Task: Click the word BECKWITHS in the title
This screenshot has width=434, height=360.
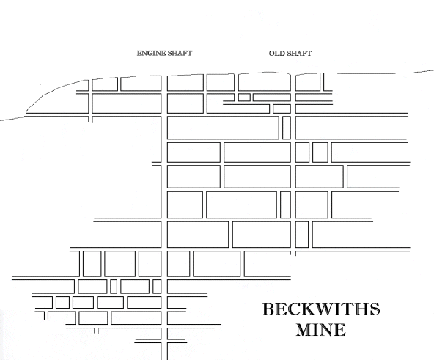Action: tap(321, 309)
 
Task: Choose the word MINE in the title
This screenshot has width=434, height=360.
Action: tap(321, 329)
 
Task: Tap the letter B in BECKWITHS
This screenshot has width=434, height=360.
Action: tap(268, 309)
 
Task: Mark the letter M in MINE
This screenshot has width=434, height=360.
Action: tap(305, 329)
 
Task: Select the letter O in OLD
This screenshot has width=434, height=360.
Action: tap(272, 54)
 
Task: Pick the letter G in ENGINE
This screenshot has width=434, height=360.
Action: tap(150, 53)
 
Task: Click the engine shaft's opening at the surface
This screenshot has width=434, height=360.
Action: tap(164, 76)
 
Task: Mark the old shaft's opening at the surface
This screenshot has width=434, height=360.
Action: tap(293, 74)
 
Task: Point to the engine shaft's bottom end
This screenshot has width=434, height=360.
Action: tap(164, 359)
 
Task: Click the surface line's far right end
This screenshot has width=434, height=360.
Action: tap(433, 71)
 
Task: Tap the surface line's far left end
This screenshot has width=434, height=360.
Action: tap(1, 120)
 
